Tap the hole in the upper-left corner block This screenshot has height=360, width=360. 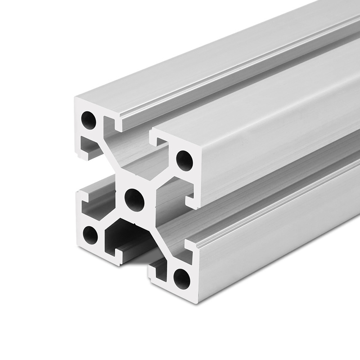(x=88, y=120)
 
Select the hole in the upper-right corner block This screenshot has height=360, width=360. (x=184, y=161)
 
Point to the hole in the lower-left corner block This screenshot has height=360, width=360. (x=90, y=235)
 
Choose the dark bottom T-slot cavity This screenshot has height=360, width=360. (x=128, y=238)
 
